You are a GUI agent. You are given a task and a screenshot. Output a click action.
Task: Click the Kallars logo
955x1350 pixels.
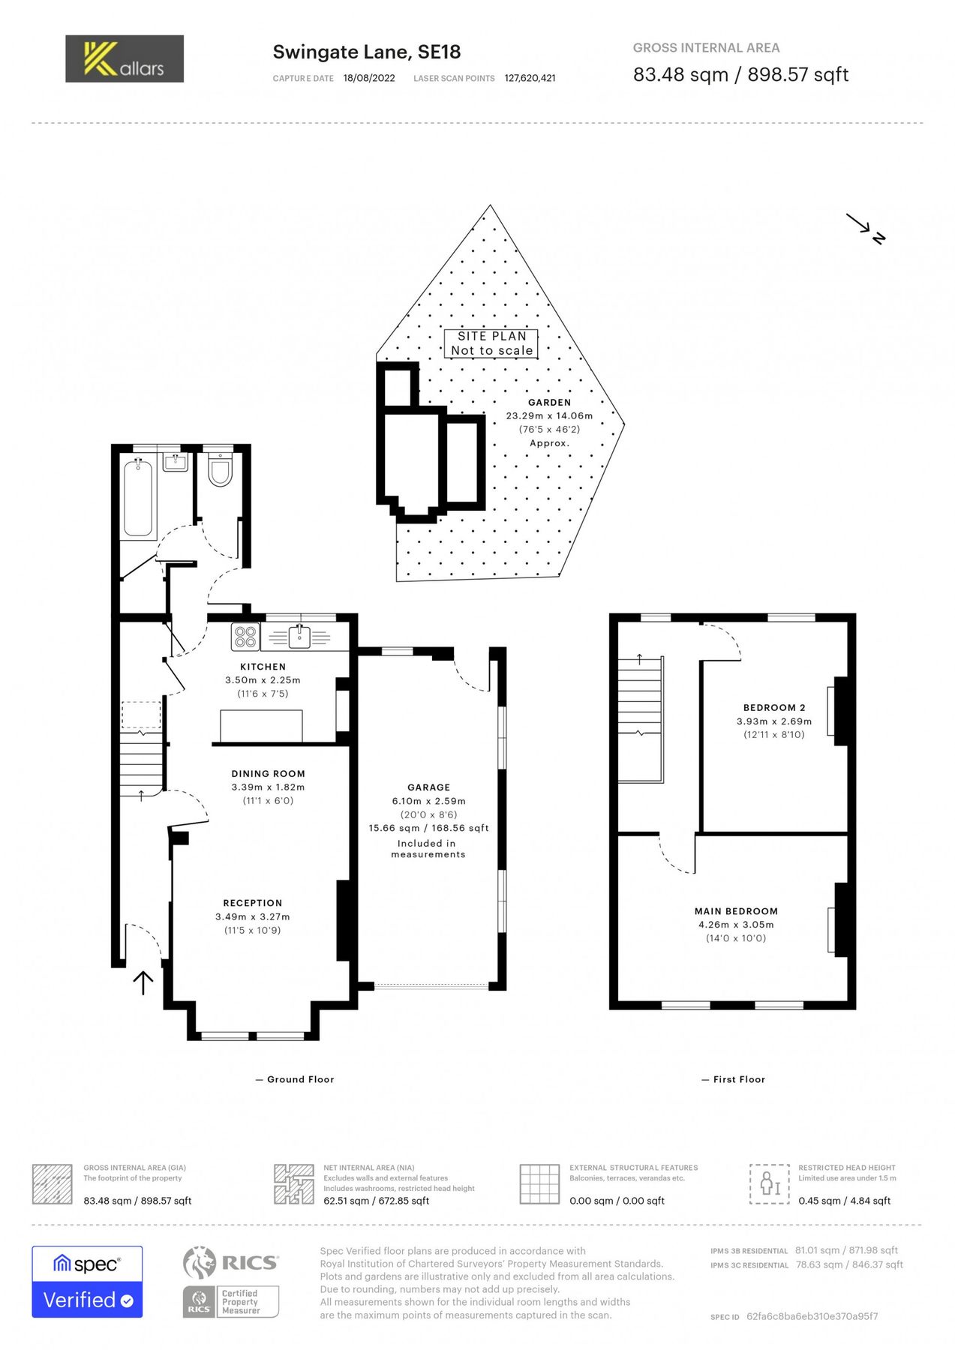coord(125,58)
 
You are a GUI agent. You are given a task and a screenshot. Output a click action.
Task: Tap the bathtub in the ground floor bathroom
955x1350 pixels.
coord(138,498)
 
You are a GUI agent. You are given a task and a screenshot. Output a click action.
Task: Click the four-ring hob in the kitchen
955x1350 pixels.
coord(245,637)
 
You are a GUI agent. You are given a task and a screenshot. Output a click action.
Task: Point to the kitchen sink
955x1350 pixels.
coord(299,637)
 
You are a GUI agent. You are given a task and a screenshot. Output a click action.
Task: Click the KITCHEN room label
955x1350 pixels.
coord(263,667)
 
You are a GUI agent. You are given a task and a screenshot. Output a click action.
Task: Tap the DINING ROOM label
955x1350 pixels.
coord(268,773)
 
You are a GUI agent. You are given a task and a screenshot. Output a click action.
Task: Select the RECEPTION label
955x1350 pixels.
coord(253,903)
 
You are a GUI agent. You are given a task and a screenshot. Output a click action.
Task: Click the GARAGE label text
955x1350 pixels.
coord(428,787)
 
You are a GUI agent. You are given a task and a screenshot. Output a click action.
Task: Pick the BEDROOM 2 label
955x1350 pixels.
coord(773,707)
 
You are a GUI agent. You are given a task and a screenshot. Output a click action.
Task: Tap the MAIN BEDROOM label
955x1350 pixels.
coord(736,911)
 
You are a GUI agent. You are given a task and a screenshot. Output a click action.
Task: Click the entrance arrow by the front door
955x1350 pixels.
coord(143,982)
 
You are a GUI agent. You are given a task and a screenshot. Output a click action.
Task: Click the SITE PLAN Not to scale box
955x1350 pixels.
coord(491,343)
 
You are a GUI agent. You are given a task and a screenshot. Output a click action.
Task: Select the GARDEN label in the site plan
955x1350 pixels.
coord(549,403)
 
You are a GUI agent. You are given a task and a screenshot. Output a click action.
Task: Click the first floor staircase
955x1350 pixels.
coord(640,718)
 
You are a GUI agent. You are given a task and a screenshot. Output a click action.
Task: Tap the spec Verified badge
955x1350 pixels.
coord(87,1282)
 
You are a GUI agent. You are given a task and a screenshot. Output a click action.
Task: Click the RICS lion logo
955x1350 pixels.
coord(200,1262)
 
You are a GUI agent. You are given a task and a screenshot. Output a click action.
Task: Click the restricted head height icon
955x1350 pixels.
coord(769,1183)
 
